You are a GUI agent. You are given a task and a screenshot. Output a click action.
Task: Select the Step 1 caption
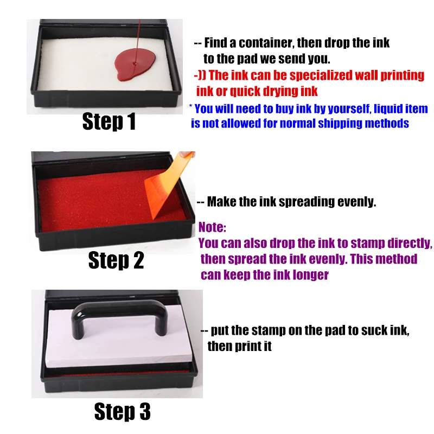(x=109, y=121)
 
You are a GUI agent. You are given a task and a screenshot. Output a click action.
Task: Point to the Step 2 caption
(x=116, y=260)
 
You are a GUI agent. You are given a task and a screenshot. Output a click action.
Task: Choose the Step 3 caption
(x=123, y=411)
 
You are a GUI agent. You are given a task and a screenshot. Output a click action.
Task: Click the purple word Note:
(x=212, y=227)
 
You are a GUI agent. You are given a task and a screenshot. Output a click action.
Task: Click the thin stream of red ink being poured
(x=138, y=42)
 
